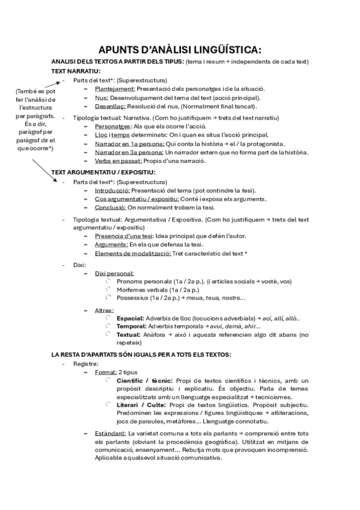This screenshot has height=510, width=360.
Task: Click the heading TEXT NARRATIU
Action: coord(76,71)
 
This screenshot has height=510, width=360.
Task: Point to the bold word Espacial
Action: coord(130,318)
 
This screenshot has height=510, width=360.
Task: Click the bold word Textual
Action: coord(129,334)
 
